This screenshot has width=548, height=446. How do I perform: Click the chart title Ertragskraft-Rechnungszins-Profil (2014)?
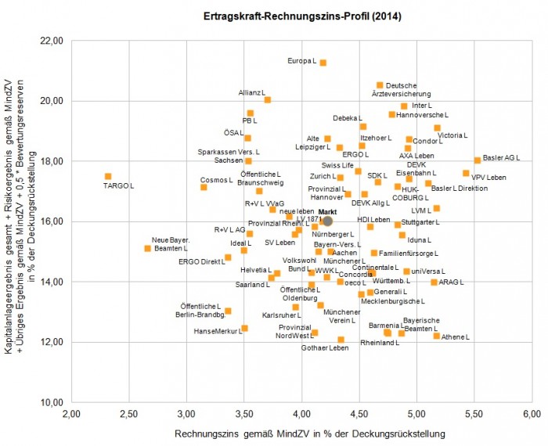tap(274, 16)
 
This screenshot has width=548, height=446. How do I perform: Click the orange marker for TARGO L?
tap(108, 177)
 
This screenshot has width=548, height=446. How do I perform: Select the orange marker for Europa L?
tap(323, 63)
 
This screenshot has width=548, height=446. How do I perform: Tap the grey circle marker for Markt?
tap(328, 221)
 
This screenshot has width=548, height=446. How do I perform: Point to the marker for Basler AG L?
tap(477, 160)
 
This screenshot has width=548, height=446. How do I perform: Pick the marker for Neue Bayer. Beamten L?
tap(147, 248)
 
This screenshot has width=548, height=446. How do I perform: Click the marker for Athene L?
tap(437, 336)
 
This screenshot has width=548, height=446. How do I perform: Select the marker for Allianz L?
tap(267, 100)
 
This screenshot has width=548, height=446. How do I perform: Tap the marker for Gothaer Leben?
tap(341, 340)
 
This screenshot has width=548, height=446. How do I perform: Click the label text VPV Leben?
tap(489, 178)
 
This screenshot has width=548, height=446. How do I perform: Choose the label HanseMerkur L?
tap(217, 332)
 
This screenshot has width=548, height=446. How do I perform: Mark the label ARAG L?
tap(454, 282)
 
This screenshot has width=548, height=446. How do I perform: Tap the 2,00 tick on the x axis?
tap(72, 414)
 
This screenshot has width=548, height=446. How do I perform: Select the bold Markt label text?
tap(327, 212)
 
